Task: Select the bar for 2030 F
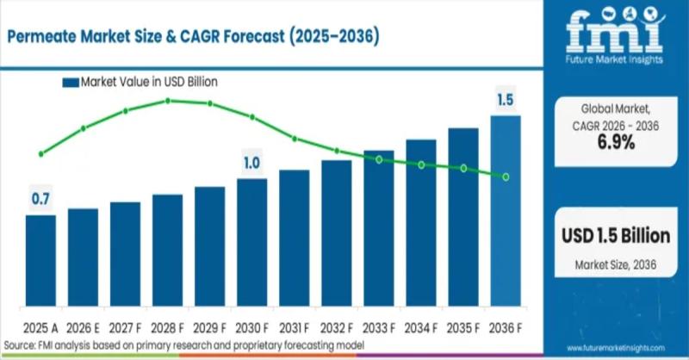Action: tap(251, 246)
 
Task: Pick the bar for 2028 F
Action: tap(167, 254)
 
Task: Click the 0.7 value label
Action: tap(40, 200)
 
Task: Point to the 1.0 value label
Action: tap(251, 163)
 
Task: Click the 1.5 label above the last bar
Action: tap(506, 101)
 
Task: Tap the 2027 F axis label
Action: tap(125, 328)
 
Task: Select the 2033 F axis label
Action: tap(379, 328)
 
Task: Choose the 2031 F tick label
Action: tap(294, 328)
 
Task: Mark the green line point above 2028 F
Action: tap(167, 101)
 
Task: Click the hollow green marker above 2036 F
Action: tap(506, 177)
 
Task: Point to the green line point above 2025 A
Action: tap(40, 154)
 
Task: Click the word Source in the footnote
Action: tap(18, 344)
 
